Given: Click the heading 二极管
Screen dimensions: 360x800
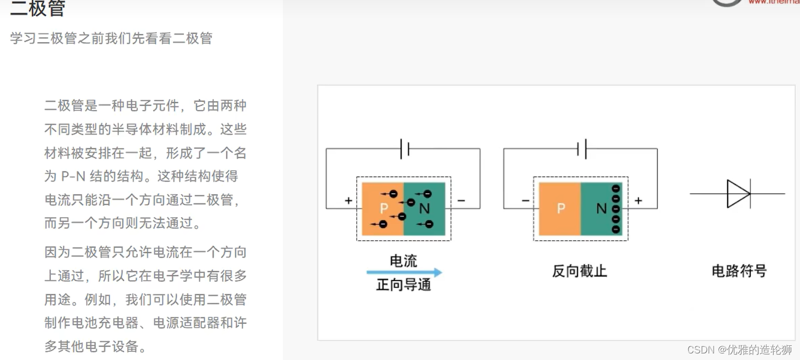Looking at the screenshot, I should point(38,8).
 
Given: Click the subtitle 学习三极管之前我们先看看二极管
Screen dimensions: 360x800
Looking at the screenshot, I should point(111,38).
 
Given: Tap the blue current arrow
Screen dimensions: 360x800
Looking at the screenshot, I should point(404,272).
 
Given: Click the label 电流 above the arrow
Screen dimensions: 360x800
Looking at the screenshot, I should point(403,261).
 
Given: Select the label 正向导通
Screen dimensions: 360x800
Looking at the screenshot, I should point(403,285).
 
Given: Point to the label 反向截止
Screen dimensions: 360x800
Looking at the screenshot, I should point(579,271).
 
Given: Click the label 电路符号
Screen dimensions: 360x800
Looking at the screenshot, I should point(739,271).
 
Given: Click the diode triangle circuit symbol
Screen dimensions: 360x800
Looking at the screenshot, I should point(738,194).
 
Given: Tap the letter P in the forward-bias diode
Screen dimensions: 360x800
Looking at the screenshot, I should point(384,208).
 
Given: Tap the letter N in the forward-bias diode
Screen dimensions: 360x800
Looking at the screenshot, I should point(424,208).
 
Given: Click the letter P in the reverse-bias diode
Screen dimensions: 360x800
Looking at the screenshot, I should point(560,208).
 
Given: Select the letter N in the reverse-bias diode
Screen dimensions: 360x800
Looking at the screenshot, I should point(601,208).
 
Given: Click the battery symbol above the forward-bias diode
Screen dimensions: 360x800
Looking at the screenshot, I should point(404,149).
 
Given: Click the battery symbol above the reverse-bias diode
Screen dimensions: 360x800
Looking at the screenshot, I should point(582,149).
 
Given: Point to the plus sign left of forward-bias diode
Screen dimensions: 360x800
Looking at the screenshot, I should point(348,201).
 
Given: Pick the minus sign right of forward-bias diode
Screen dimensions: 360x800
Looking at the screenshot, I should point(461,201).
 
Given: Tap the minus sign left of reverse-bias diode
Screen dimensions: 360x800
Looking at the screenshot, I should point(525,201).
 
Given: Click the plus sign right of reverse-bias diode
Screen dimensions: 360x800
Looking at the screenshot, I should point(638,201).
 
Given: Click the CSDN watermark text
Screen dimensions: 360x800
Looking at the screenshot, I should point(739,350).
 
